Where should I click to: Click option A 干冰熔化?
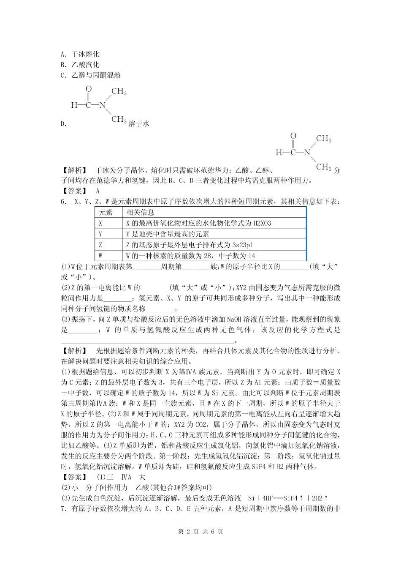(80, 54)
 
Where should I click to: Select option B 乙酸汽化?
(80, 65)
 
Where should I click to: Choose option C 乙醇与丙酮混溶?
(91, 75)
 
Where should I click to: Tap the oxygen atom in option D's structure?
(88, 89)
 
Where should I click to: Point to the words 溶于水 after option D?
(139, 124)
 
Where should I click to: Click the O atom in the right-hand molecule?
(293, 136)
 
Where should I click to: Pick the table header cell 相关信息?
(141, 212)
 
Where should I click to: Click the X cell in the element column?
(100, 223)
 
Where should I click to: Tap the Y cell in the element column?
(100, 234)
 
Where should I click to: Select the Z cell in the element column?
(100, 245)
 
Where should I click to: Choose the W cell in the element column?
(100, 256)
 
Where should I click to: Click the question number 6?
(63, 202)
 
